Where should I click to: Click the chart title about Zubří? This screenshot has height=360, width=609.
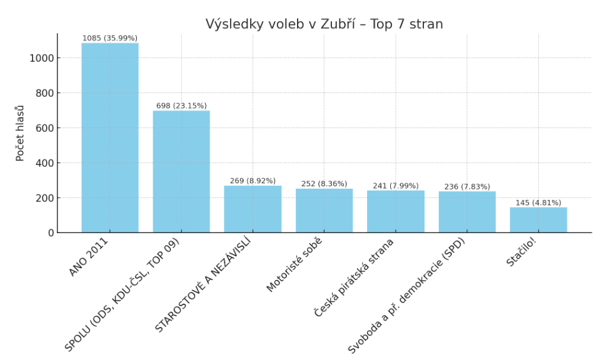click(324, 24)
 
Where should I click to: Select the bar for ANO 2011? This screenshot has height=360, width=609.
click(110, 137)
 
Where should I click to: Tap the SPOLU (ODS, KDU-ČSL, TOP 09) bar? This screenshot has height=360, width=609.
click(181, 171)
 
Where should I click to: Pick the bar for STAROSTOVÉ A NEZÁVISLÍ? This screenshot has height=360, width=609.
click(253, 209)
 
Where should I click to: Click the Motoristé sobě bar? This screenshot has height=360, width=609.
click(324, 211)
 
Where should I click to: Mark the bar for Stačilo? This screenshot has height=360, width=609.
click(538, 220)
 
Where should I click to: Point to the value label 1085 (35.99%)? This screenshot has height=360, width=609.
click(110, 38)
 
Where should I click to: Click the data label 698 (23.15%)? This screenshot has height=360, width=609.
click(181, 106)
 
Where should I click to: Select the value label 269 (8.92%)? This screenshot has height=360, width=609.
click(253, 181)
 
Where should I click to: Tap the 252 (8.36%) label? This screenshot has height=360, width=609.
click(324, 184)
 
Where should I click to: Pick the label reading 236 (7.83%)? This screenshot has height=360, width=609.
click(467, 186)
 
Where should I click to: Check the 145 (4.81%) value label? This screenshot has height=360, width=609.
click(538, 202)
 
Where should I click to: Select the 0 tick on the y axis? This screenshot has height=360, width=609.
click(51, 232)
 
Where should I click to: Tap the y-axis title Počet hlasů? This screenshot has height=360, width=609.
click(20, 133)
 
